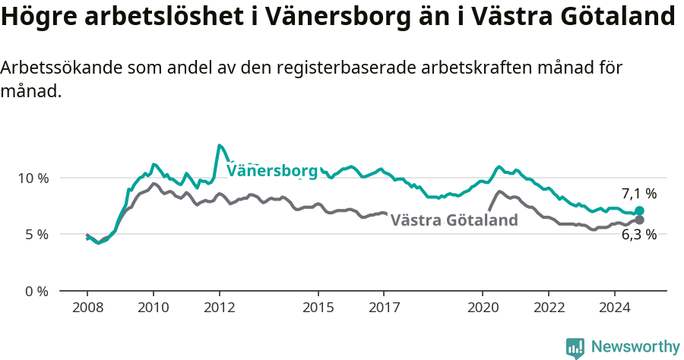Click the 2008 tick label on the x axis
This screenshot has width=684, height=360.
(87, 308)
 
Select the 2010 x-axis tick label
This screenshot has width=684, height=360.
(153, 308)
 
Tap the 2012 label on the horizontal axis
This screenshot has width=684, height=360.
(219, 308)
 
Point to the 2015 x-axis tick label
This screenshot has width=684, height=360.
(318, 308)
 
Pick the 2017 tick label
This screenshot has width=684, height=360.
(384, 308)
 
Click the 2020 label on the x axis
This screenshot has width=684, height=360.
(483, 308)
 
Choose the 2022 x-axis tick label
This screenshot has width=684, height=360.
(549, 308)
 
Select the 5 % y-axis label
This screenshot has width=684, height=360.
(36, 235)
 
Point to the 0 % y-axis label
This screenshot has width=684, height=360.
(36, 292)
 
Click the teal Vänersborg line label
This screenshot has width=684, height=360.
(272, 171)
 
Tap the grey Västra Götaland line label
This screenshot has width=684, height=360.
(454, 220)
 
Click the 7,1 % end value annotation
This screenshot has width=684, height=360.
(638, 194)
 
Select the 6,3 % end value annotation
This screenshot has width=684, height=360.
(638, 235)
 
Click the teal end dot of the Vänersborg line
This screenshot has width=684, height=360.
(639, 211)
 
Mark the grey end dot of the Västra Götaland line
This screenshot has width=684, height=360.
(639, 219)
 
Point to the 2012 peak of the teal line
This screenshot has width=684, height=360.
(219, 145)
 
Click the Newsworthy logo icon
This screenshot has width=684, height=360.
(575, 348)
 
